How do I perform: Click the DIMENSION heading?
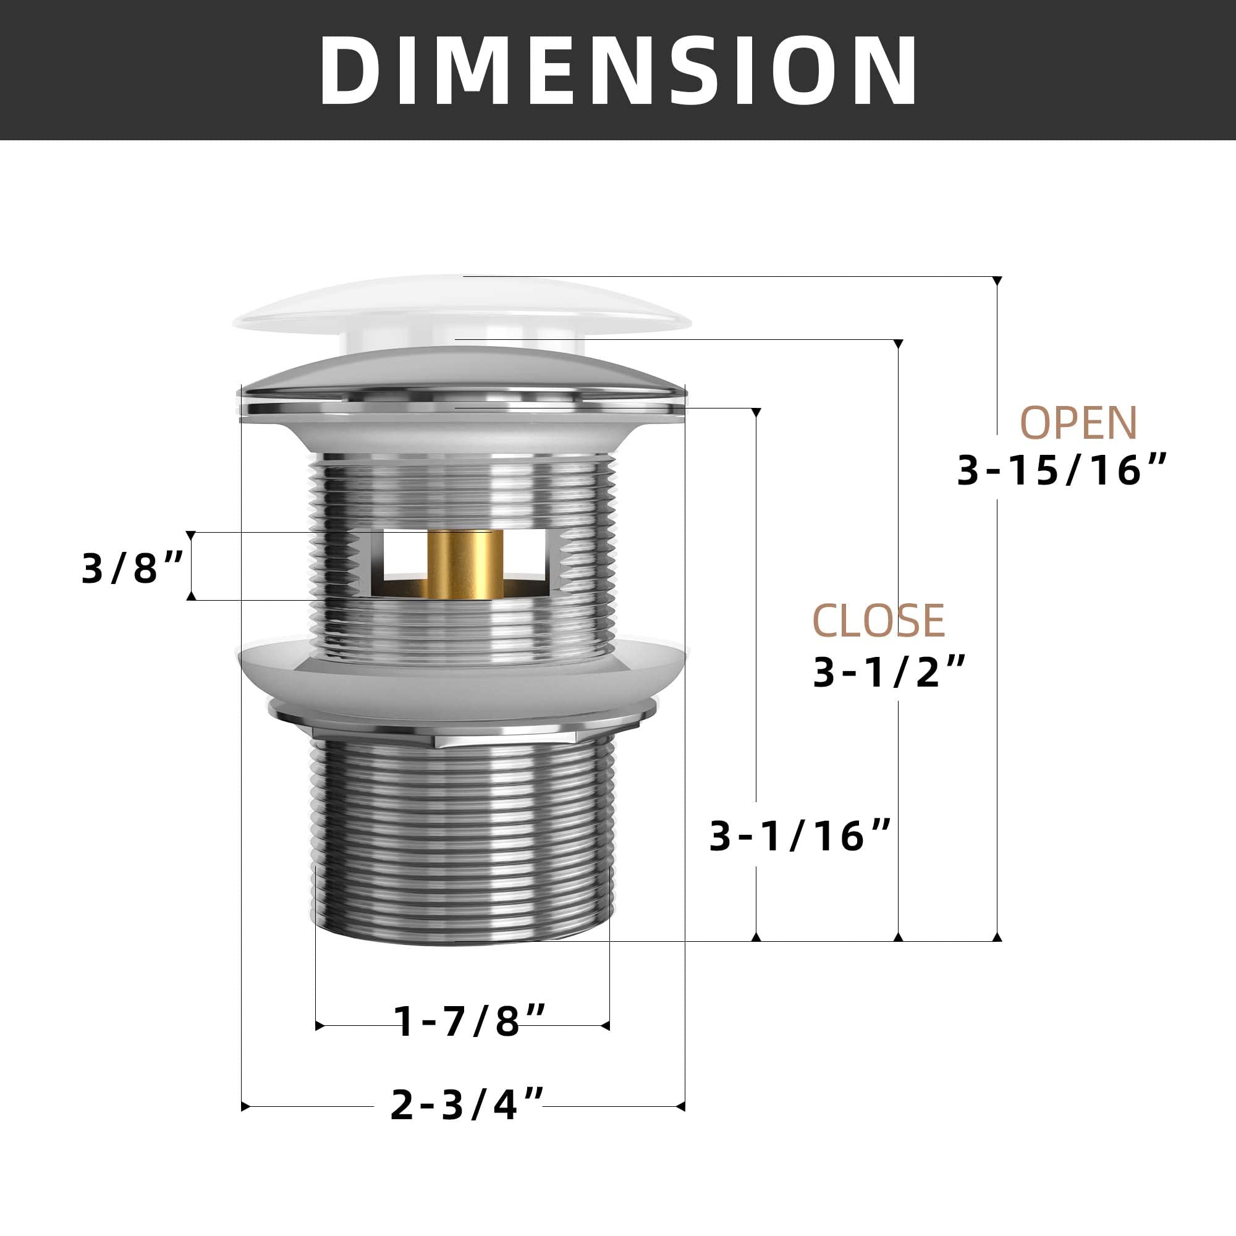[x=618, y=70]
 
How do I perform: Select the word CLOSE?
[x=878, y=620]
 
